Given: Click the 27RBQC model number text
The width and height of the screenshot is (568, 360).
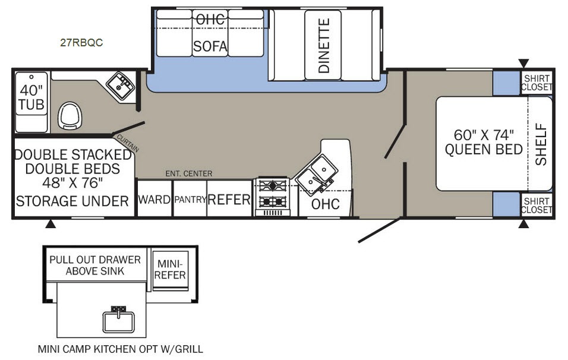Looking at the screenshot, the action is (x=81, y=43).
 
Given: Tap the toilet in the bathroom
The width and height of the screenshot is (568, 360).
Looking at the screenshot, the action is (x=70, y=115).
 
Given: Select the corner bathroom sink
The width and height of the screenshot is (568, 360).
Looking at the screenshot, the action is (x=121, y=86).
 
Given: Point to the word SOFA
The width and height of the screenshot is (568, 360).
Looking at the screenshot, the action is (x=210, y=46).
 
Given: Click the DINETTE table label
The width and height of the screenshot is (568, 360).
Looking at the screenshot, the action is (x=323, y=46).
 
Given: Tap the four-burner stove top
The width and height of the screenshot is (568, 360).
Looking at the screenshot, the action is (x=273, y=197).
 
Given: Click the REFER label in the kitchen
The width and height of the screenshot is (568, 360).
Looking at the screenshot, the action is (x=229, y=199).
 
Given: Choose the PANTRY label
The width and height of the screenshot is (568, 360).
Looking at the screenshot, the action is (x=190, y=199).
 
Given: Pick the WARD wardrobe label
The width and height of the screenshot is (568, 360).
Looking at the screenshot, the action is (x=154, y=199).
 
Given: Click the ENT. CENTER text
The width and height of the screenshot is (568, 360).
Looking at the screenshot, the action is (x=189, y=174).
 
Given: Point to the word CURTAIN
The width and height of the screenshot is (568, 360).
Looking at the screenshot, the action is (x=128, y=143).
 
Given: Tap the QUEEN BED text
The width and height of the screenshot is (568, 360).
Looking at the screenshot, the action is (x=484, y=149).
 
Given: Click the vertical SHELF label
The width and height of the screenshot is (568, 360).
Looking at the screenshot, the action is (x=541, y=144).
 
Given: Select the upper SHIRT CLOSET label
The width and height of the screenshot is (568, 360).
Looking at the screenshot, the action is (x=537, y=83).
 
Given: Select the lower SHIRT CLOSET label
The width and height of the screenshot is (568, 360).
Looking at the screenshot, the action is (x=537, y=206).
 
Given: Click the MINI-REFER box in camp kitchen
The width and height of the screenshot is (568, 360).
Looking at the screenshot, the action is (x=170, y=270).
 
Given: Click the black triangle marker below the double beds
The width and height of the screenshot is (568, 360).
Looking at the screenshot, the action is (x=51, y=224).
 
